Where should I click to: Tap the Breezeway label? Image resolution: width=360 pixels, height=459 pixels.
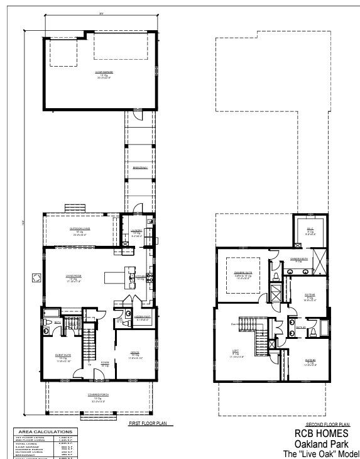(140, 168)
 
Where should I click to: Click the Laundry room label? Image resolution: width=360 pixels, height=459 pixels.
(137, 231)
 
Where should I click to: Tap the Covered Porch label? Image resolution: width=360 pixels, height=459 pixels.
(95, 399)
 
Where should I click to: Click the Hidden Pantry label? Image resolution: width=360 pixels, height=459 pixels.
(142, 317)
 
